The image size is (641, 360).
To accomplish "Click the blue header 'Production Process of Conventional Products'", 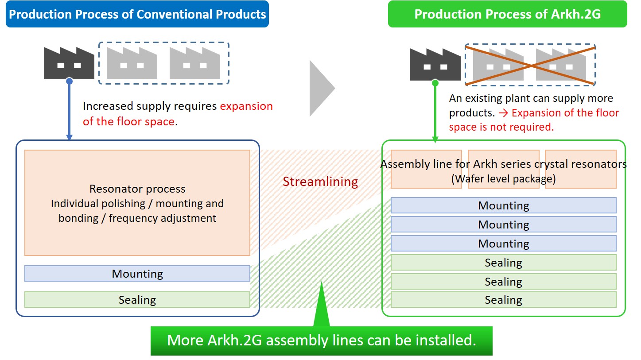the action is [137, 14].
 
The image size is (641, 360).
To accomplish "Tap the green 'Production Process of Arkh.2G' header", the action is [507, 14].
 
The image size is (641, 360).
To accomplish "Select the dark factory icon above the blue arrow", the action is [69, 63].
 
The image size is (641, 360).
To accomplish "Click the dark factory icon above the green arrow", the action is [435, 64].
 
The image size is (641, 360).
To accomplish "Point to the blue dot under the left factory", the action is [69, 81].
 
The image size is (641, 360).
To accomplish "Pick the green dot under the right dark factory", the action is [435, 83].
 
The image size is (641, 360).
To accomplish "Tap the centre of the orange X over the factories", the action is [530, 66].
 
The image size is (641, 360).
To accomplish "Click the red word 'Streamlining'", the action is [320, 182].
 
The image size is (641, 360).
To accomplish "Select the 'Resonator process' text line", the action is [137, 189].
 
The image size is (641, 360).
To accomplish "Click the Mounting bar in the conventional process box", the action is [137, 274].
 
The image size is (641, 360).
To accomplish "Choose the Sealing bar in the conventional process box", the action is [137, 300].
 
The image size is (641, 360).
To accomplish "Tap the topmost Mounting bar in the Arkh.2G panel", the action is [504, 205].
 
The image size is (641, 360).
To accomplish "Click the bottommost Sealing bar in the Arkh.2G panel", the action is [504, 300].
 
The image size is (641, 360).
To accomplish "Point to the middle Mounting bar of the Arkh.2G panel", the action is [504, 225].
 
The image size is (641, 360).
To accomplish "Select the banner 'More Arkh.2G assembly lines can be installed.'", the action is [322, 341].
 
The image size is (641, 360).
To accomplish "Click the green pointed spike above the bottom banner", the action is [322, 304].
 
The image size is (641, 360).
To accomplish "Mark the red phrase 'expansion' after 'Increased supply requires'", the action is [246, 106].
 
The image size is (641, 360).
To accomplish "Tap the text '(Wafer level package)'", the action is [504, 179].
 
